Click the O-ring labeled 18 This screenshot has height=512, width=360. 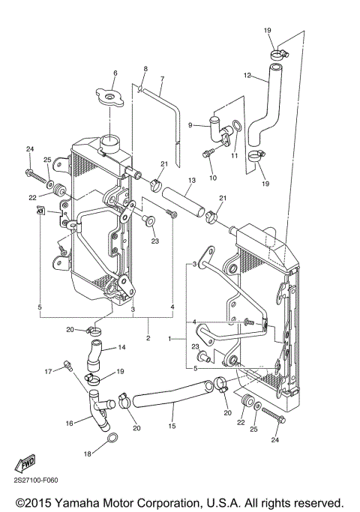click(110, 439)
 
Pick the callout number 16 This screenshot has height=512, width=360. click(69, 423)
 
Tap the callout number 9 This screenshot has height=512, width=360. click(190, 125)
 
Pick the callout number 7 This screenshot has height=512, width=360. click(161, 79)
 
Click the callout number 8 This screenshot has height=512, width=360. click(145, 69)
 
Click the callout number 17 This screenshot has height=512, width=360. click(48, 370)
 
